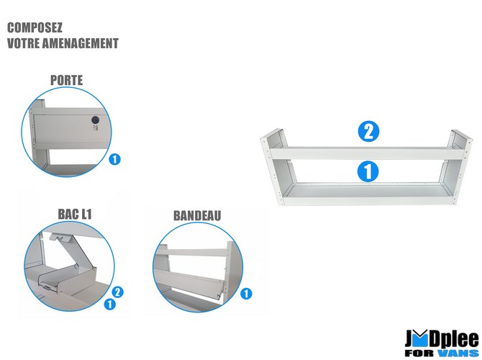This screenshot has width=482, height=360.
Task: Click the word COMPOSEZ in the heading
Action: (35, 27)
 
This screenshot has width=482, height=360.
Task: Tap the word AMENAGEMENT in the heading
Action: (81, 43)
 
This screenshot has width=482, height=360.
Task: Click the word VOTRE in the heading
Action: (23, 43)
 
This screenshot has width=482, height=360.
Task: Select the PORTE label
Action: (67, 81)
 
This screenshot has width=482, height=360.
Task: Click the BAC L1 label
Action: (75, 214)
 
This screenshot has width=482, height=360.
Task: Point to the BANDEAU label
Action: (197, 216)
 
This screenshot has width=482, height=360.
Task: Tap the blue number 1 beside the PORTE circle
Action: (114, 159)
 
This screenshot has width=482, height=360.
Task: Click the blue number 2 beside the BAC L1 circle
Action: (118, 292)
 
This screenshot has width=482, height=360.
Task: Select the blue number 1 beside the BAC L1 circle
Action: (110, 305)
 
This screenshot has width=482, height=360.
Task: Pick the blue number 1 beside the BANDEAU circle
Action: (246, 294)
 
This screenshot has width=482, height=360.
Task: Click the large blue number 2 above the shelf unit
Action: (368, 132)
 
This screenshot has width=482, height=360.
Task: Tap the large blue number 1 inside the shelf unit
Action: (368, 171)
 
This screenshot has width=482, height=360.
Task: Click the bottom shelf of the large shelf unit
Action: (368, 194)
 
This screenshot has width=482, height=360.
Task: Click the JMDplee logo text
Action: (442, 339)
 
